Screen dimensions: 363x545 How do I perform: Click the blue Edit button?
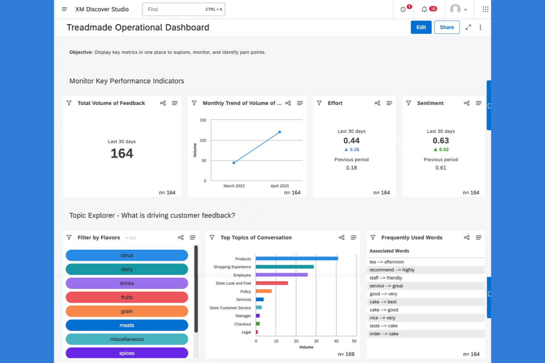[x=421, y=27]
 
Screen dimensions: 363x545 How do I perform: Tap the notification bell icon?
[x=424, y=9]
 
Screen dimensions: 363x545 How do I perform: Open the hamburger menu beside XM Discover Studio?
[x=64, y=9]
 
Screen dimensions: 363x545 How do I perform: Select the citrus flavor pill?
[x=127, y=255]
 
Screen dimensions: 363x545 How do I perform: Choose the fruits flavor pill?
[x=127, y=297]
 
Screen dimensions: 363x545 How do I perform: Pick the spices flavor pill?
[x=127, y=353]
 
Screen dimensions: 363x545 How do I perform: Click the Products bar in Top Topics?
[x=296, y=259]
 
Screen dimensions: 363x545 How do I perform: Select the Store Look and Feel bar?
[x=272, y=283]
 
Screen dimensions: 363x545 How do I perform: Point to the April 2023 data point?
[x=279, y=132]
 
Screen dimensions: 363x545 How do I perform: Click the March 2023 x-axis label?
[x=234, y=186]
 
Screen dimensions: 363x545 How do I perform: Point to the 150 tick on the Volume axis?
[x=203, y=120]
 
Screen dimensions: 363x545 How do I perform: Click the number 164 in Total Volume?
[x=122, y=153]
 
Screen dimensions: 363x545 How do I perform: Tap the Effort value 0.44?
[x=351, y=140]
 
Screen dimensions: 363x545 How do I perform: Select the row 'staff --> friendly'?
[x=386, y=278]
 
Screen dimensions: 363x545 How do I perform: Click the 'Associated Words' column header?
[x=389, y=251]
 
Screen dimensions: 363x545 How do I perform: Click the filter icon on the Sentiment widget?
[x=408, y=103]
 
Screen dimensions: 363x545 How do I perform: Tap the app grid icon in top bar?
[x=485, y=9]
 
